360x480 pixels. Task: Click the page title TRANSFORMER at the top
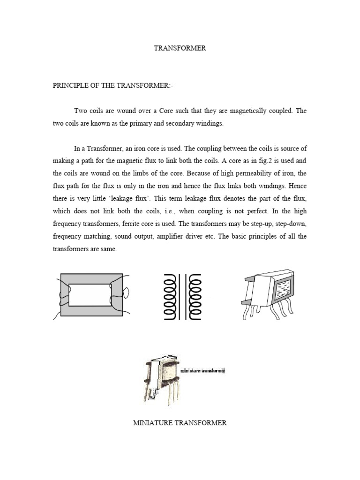pos(180,48)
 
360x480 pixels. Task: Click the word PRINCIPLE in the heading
pos(71,86)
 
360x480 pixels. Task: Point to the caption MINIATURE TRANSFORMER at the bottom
pos(180,423)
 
